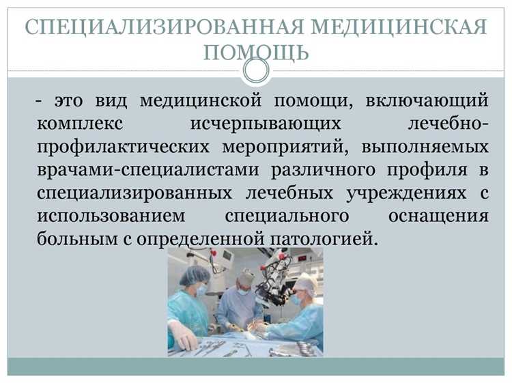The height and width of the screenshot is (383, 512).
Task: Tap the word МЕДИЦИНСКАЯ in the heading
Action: (x=398, y=28)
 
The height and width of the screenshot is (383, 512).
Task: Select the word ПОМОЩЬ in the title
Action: (x=256, y=52)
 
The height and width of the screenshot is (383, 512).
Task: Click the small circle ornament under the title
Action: (x=256, y=70)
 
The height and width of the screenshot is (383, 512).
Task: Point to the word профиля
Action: (x=429, y=171)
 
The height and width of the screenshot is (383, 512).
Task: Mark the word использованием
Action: (x=108, y=216)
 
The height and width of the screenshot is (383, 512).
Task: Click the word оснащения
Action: (x=438, y=216)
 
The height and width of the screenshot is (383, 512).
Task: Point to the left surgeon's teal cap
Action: (x=195, y=275)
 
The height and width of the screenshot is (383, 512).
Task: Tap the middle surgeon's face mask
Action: (x=244, y=290)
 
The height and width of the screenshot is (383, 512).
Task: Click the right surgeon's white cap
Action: (x=305, y=281)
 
